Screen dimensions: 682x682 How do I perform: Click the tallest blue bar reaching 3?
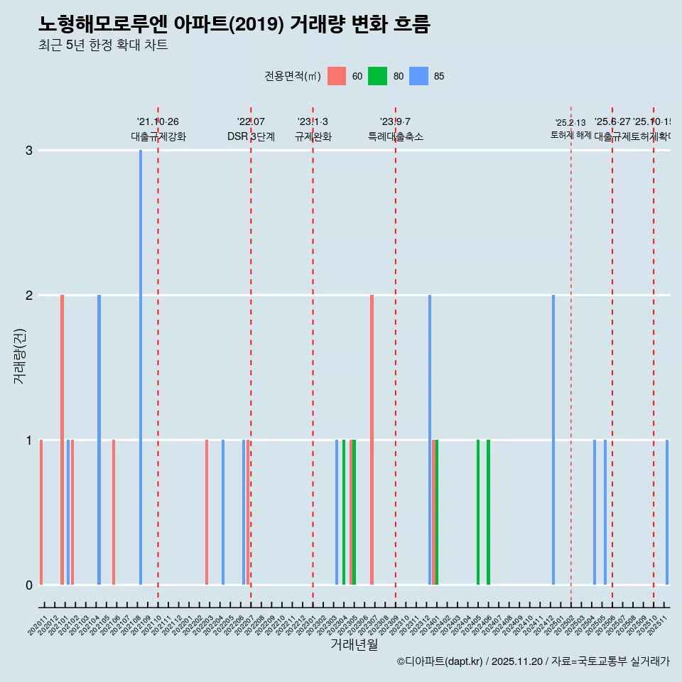141,367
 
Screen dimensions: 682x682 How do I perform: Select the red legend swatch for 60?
337,76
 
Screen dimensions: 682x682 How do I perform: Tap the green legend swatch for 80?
377,76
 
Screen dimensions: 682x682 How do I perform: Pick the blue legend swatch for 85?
419,76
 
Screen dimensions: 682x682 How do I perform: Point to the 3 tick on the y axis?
29,150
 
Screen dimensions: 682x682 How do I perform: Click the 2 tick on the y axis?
29,295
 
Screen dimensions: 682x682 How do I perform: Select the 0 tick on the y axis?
29,585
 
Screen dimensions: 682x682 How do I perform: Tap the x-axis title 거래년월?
354,644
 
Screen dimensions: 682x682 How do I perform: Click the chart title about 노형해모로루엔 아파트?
234,24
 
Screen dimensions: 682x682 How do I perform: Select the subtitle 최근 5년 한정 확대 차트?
103,45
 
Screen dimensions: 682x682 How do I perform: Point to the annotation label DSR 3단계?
251,136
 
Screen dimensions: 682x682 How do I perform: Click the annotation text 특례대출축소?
395,136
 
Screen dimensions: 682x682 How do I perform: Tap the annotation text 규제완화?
313,136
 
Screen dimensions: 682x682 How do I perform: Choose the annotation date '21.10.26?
158,122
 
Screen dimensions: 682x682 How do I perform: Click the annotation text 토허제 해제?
570,135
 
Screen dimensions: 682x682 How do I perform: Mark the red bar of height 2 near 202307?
372,439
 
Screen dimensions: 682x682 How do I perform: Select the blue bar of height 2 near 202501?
553,439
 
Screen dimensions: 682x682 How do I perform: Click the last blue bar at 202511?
667,511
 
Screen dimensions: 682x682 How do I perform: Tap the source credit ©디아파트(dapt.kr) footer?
533,661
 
